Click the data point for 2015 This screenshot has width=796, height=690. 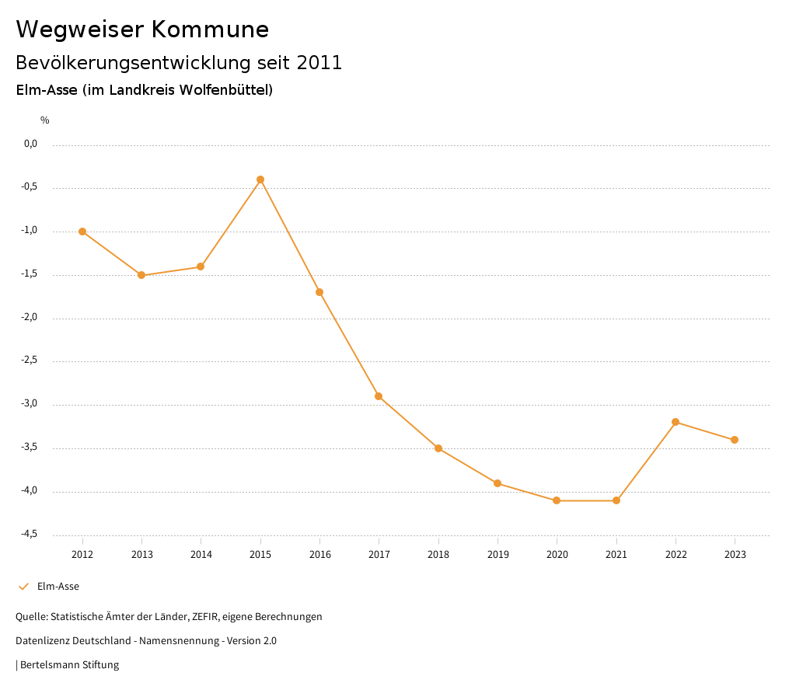pos(260,179)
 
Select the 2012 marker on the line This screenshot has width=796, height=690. pos(82,232)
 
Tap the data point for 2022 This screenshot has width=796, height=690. pos(676,422)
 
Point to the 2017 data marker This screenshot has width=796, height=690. pos(379,396)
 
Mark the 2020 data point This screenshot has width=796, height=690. pos(557,500)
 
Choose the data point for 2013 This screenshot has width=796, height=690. pos(141,275)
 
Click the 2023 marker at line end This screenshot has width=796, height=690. pos(735,440)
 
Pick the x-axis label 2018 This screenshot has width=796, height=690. pos(438,554)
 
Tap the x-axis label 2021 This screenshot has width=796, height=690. pos(616,554)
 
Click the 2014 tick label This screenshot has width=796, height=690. pos(201,554)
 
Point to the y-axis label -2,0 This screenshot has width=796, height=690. pos(30,318)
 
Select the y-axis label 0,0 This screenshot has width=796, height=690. pos(31,144)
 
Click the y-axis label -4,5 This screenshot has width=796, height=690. pos(30,535)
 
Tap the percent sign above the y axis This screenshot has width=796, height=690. pos(45,120)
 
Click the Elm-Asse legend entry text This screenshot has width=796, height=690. pos(58,587)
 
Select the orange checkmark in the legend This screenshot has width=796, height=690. pos(23,587)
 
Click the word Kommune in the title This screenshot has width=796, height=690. pos(210,30)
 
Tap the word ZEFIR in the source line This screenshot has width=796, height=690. pos(206,617)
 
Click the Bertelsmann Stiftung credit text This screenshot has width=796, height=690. pos(69,665)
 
